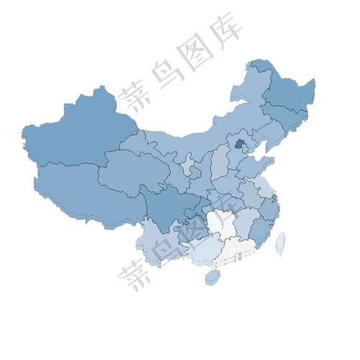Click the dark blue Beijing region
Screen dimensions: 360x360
239,146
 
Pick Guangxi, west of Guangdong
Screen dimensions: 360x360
202,248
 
